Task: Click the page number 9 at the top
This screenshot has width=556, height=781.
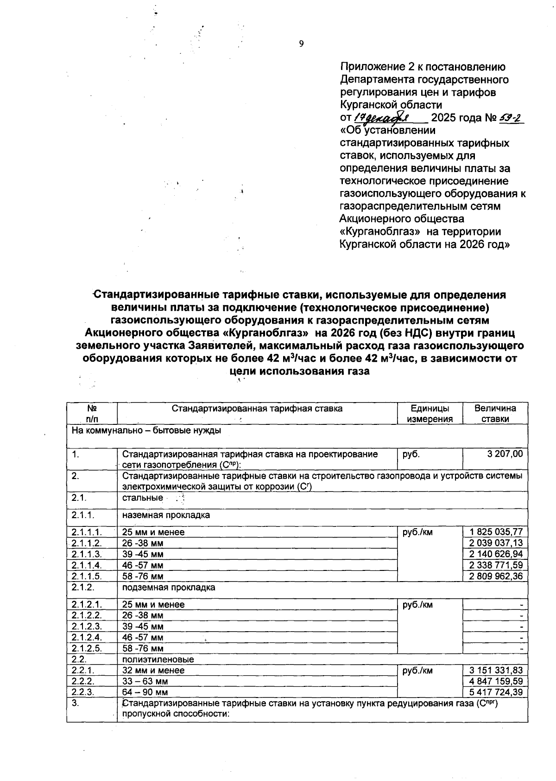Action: [x=301, y=44]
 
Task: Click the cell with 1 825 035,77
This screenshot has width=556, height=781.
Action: [x=495, y=532]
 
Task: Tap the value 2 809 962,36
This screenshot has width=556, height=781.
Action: [x=495, y=576]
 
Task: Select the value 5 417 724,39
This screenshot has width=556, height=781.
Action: [x=495, y=692]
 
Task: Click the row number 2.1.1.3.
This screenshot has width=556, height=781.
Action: [x=87, y=554]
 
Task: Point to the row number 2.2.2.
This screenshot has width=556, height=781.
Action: [x=83, y=681]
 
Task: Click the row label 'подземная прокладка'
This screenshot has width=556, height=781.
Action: [x=169, y=588]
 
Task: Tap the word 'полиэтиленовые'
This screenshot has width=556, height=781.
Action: [x=158, y=659]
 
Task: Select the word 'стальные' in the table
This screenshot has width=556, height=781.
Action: [x=142, y=498]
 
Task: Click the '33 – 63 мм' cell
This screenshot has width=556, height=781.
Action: [x=145, y=681]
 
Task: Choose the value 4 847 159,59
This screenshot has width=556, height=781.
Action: [x=495, y=681]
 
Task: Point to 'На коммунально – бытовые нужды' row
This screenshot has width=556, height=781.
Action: [x=146, y=430]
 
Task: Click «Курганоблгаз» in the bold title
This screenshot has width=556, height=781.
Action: [x=263, y=333]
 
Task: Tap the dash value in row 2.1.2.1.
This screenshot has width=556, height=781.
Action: [x=521, y=605]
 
